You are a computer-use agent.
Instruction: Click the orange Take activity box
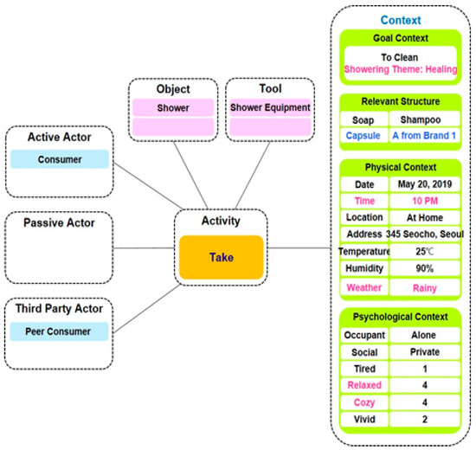point(222,257)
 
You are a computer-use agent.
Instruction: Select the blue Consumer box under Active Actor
point(60,159)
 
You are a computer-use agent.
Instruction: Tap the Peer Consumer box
point(60,331)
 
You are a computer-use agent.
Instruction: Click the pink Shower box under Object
point(173,108)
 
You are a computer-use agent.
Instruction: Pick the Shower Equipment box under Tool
point(268,108)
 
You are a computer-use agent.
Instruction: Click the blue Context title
point(401,19)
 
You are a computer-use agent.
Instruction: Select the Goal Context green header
point(401,38)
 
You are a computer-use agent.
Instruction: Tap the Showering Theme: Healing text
point(401,67)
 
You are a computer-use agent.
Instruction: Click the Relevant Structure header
point(401,102)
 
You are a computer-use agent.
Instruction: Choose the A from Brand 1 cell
point(424,136)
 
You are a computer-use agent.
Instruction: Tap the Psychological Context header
point(401,315)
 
